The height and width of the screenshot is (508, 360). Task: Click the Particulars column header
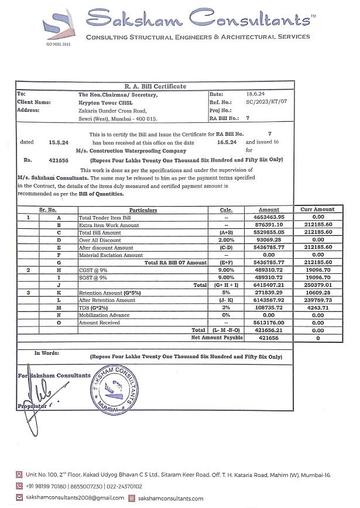[x=143, y=210]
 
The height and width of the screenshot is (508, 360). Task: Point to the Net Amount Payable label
[x=217, y=338]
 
